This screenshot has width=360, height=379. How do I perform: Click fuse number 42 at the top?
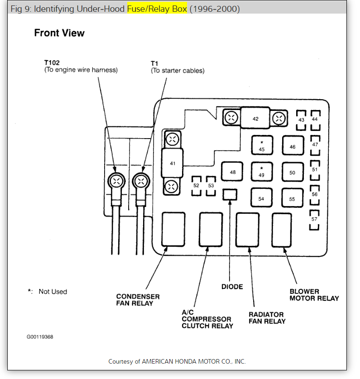(x=255, y=119)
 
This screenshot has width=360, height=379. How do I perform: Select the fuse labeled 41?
(x=173, y=163)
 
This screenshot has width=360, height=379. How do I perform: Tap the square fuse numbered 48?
(x=232, y=172)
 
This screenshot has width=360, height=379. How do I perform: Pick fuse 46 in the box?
(x=293, y=147)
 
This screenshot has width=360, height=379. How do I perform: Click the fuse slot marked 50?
(x=293, y=173)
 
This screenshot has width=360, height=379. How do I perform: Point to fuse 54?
(x=261, y=198)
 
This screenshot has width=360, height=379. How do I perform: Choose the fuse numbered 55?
(x=293, y=198)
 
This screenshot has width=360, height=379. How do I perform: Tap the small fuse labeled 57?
(x=315, y=219)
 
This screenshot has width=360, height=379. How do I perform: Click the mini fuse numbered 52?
(x=196, y=186)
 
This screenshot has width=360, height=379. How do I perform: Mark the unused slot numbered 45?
(x=262, y=146)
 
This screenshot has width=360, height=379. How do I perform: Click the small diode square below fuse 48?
(x=230, y=195)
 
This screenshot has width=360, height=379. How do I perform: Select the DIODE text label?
(x=232, y=287)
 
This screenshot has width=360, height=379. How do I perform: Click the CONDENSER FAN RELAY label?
(x=138, y=300)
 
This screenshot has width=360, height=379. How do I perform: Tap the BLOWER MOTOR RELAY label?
(x=314, y=295)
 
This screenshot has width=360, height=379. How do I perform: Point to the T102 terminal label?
(x=52, y=63)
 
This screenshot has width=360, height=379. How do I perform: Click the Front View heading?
(x=59, y=33)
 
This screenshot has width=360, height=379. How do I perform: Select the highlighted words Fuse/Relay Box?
(x=157, y=9)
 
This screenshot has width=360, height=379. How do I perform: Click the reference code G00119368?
(x=39, y=337)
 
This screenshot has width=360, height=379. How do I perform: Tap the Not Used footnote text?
(x=53, y=292)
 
